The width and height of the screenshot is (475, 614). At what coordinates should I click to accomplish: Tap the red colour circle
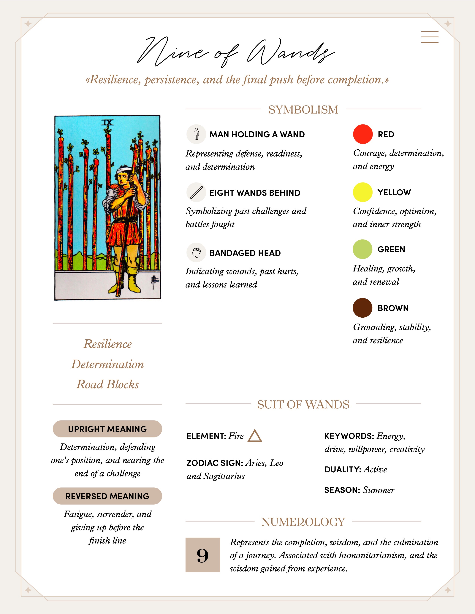pyautogui.click(x=363, y=134)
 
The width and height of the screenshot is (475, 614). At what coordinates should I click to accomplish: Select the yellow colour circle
pyautogui.click(x=362, y=192)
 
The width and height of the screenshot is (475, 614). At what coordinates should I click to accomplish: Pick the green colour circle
pyautogui.click(x=362, y=249)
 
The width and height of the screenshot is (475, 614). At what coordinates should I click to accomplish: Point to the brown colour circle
pyautogui.click(x=362, y=308)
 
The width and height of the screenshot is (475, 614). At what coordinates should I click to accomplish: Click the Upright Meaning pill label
pyautogui.click(x=107, y=429)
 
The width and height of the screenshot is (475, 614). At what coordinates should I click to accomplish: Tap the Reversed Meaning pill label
pyautogui.click(x=107, y=496)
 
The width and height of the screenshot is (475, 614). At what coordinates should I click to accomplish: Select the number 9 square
pyautogui.click(x=203, y=555)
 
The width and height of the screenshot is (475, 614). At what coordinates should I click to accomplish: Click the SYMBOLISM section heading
pyautogui.click(x=303, y=109)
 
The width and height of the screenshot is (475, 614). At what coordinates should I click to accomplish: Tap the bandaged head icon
pyautogui.click(x=196, y=252)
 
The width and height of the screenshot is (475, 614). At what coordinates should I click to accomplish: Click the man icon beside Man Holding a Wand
pyautogui.click(x=196, y=134)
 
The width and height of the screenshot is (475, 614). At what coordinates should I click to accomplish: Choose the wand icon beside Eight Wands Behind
pyautogui.click(x=196, y=193)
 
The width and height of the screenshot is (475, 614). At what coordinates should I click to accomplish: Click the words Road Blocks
pyautogui.click(x=107, y=384)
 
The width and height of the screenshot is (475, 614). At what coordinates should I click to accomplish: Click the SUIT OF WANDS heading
pyautogui.click(x=303, y=404)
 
